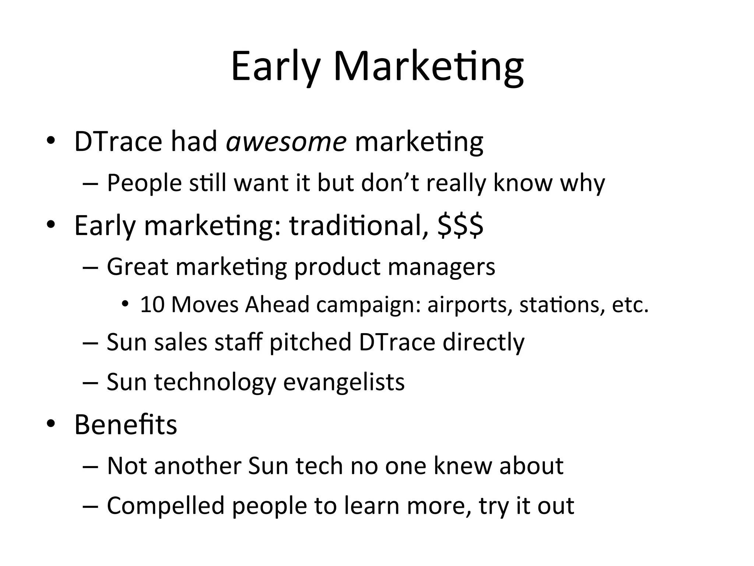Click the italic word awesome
coord(286,142)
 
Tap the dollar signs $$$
coord(461,226)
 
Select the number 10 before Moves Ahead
coord(152,305)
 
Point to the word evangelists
coord(344,382)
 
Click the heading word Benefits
coord(126,424)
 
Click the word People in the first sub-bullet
coord(144,183)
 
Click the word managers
coord(441,267)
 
